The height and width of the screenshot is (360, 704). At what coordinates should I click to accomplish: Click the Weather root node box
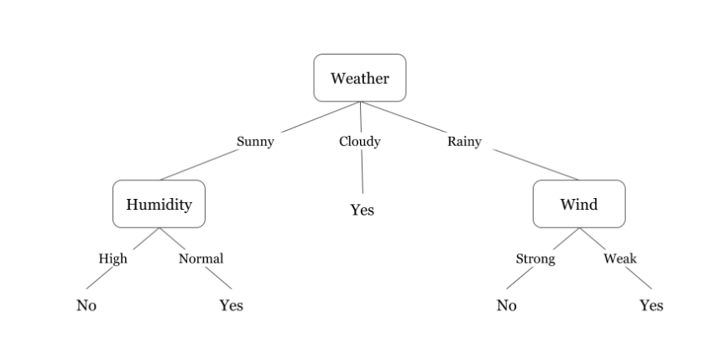(x=360, y=78)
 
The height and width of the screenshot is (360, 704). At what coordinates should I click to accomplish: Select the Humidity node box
(x=159, y=204)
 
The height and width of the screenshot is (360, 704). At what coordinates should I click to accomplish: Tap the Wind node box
(x=579, y=204)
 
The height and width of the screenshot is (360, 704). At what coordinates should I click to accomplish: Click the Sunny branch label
(x=255, y=142)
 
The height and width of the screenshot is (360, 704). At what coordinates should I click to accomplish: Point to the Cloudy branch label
(x=360, y=142)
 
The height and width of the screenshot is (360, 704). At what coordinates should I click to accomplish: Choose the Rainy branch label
(x=464, y=142)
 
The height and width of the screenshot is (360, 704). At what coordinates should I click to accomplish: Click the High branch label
(x=112, y=259)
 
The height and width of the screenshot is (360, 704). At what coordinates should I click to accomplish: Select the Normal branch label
(x=201, y=259)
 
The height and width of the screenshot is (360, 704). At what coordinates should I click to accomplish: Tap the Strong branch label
(x=535, y=259)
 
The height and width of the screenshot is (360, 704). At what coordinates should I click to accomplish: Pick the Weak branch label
(x=620, y=259)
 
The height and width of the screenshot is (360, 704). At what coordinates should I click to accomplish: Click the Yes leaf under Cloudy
(x=362, y=210)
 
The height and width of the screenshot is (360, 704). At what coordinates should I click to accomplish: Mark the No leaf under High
(x=86, y=305)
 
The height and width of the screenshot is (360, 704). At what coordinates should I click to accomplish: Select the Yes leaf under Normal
(x=232, y=305)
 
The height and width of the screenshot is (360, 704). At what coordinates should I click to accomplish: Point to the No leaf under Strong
(x=507, y=305)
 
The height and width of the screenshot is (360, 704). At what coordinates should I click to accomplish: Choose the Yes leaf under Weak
(x=651, y=305)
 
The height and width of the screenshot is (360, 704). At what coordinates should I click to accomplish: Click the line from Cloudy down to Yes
(x=362, y=171)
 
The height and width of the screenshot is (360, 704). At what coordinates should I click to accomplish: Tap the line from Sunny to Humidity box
(x=200, y=164)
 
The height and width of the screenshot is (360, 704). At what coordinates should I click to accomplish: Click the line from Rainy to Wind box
(x=536, y=164)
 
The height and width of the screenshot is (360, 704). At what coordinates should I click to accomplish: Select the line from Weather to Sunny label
(x=321, y=117)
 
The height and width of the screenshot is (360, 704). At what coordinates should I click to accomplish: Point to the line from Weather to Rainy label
(x=404, y=117)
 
